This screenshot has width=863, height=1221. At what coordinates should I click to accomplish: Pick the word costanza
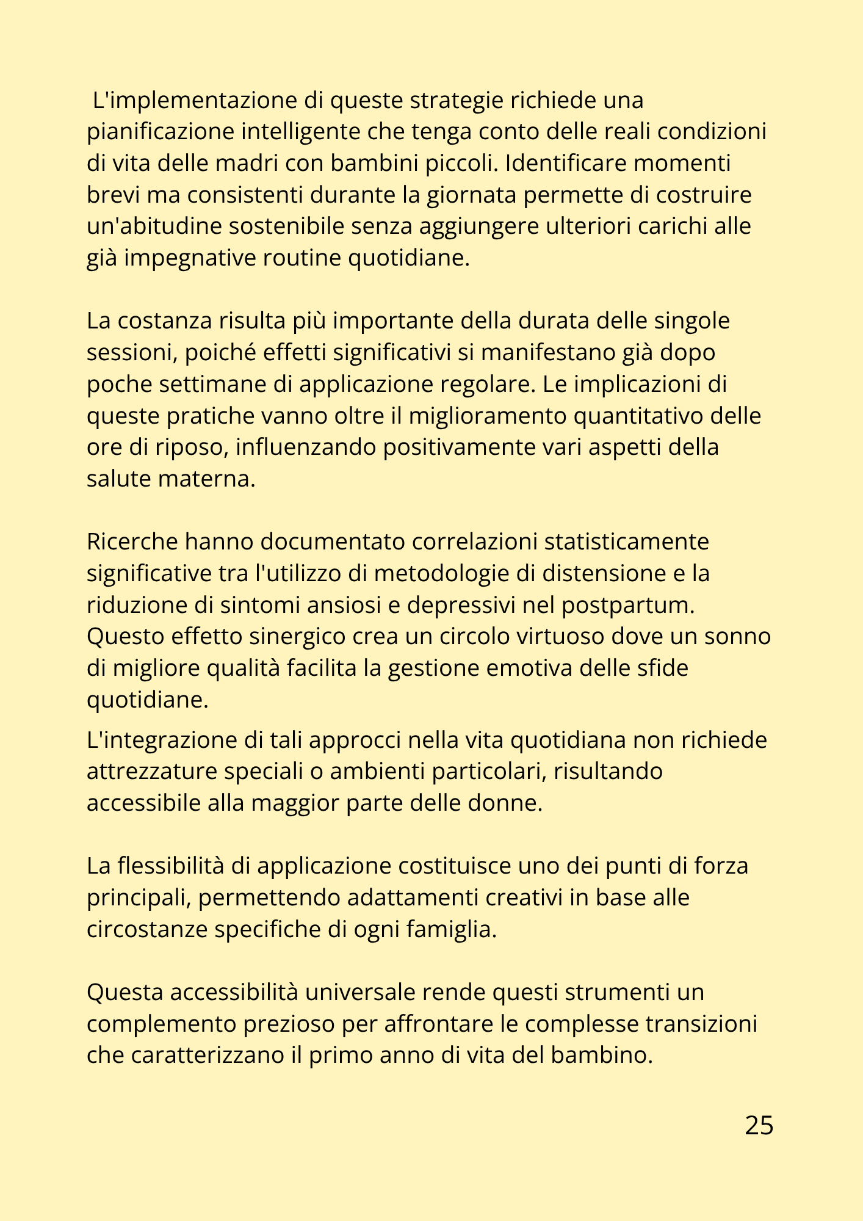pos(165,321)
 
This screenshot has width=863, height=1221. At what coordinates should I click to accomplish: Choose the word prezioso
pos(289,1024)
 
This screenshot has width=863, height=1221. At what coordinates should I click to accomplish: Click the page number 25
pos(759,1125)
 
